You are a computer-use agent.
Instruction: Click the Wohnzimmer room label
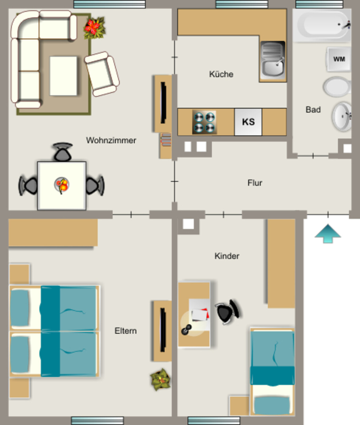(111, 140)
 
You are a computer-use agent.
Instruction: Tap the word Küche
(221, 74)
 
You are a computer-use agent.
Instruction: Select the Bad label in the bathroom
(313, 110)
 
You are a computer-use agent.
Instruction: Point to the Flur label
(255, 183)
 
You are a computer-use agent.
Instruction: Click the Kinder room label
(227, 256)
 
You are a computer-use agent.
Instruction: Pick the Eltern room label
(125, 331)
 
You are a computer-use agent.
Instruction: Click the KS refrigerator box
(248, 122)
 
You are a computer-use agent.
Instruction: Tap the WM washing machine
(339, 59)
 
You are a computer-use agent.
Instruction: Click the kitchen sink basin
(273, 61)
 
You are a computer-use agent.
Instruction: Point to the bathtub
(322, 25)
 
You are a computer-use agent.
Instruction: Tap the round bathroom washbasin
(342, 116)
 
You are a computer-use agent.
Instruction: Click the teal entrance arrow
(328, 234)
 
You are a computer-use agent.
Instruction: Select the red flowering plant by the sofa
(94, 27)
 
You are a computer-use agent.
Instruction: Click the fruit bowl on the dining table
(62, 186)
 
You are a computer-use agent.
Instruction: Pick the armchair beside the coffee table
(102, 74)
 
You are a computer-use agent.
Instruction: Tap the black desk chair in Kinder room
(228, 312)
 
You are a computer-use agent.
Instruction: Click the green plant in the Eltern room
(160, 379)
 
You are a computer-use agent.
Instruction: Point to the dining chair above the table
(63, 152)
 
